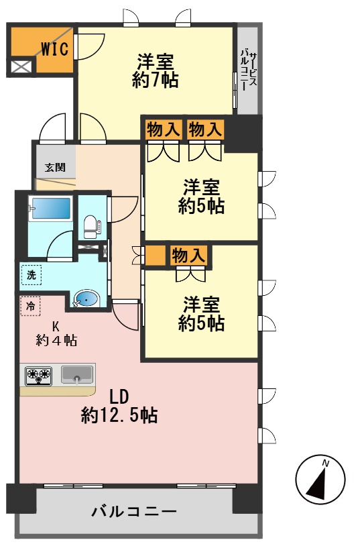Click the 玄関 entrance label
[55, 167]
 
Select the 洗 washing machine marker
[30, 274]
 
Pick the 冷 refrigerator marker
[29, 306]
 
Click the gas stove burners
[39, 376]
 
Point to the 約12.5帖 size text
[120, 416]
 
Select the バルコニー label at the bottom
[134, 511]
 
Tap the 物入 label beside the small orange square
[188, 256]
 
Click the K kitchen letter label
[56, 327]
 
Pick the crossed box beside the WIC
[21, 66]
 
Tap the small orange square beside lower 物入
[155, 256]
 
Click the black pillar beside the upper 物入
[243, 133]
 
